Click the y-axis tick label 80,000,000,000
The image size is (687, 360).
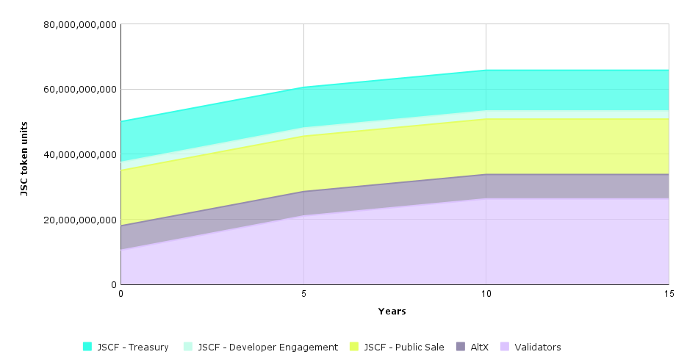tap(80, 24)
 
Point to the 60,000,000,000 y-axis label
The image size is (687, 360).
tap(80, 90)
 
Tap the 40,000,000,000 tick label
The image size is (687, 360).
tap(80, 155)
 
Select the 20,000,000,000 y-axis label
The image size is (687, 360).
tap(80, 220)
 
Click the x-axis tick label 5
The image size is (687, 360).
tap(303, 293)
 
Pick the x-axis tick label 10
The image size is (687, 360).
tap(486, 293)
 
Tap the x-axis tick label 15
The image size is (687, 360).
tap(668, 293)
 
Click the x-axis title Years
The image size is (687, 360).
tap(392, 312)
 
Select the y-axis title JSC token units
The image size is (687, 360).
tap(24, 159)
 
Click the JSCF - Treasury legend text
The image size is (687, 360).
tap(132, 347)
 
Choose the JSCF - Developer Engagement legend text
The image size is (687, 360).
tap(267, 347)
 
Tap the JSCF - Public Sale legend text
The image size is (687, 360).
tap(404, 347)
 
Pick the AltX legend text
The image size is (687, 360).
tap(479, 347)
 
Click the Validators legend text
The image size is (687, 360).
tap(538, 347)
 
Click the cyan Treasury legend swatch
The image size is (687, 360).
tap(87, 347)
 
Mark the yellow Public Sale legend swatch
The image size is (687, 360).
tap(355, 347)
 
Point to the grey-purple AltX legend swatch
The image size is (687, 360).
tap(461, 347)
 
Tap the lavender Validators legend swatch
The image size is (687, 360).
tap(505, 347)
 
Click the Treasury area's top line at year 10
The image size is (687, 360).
tap(486, 71)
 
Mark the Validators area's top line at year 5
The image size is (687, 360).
tap(303, 215)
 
